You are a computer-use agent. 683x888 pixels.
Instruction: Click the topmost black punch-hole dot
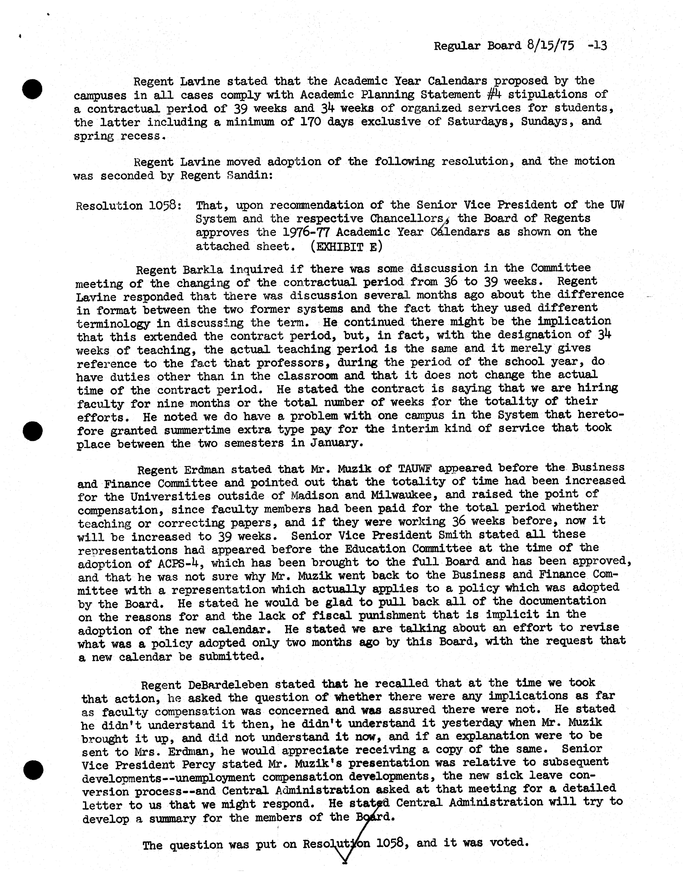32,89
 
